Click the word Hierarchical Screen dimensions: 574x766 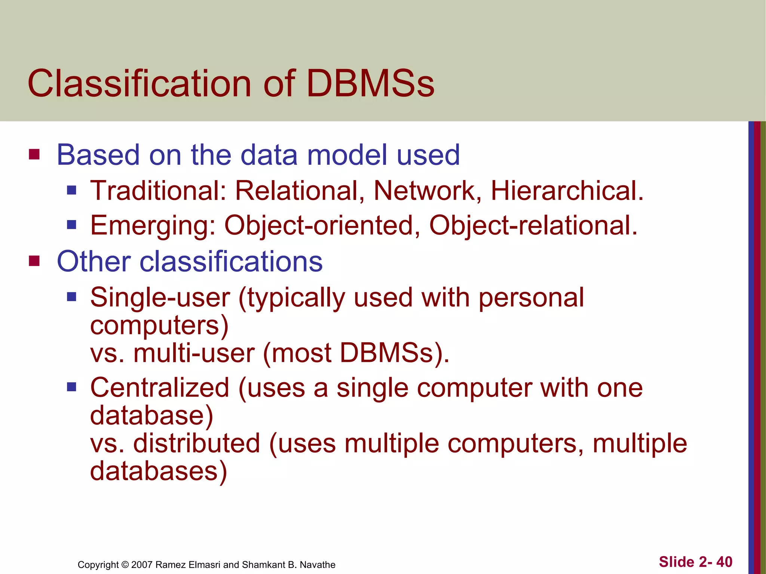click(x=567, y=191)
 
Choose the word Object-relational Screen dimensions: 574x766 click(x=533, y=226)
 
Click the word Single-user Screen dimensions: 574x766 click(x=160, y=298)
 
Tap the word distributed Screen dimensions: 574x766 click(x=197, y=443)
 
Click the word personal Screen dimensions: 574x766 click(x=531, y=298)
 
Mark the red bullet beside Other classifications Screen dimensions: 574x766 click(x=34, y=261)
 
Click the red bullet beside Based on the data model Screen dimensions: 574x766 click(x=34, y=154)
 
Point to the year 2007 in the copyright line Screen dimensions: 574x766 click(x=142, y=565)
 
